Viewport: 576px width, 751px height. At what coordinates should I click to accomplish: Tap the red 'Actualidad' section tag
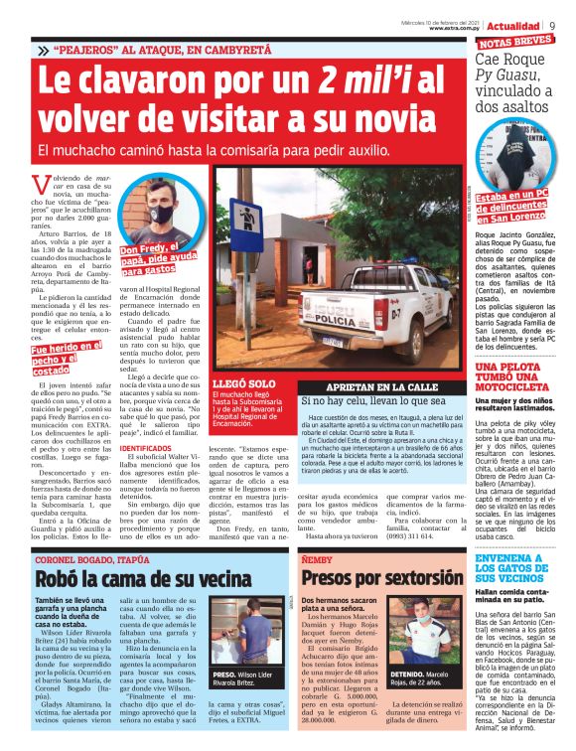(513, 25)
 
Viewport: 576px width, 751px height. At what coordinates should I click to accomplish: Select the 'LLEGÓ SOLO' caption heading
(236, 382)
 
